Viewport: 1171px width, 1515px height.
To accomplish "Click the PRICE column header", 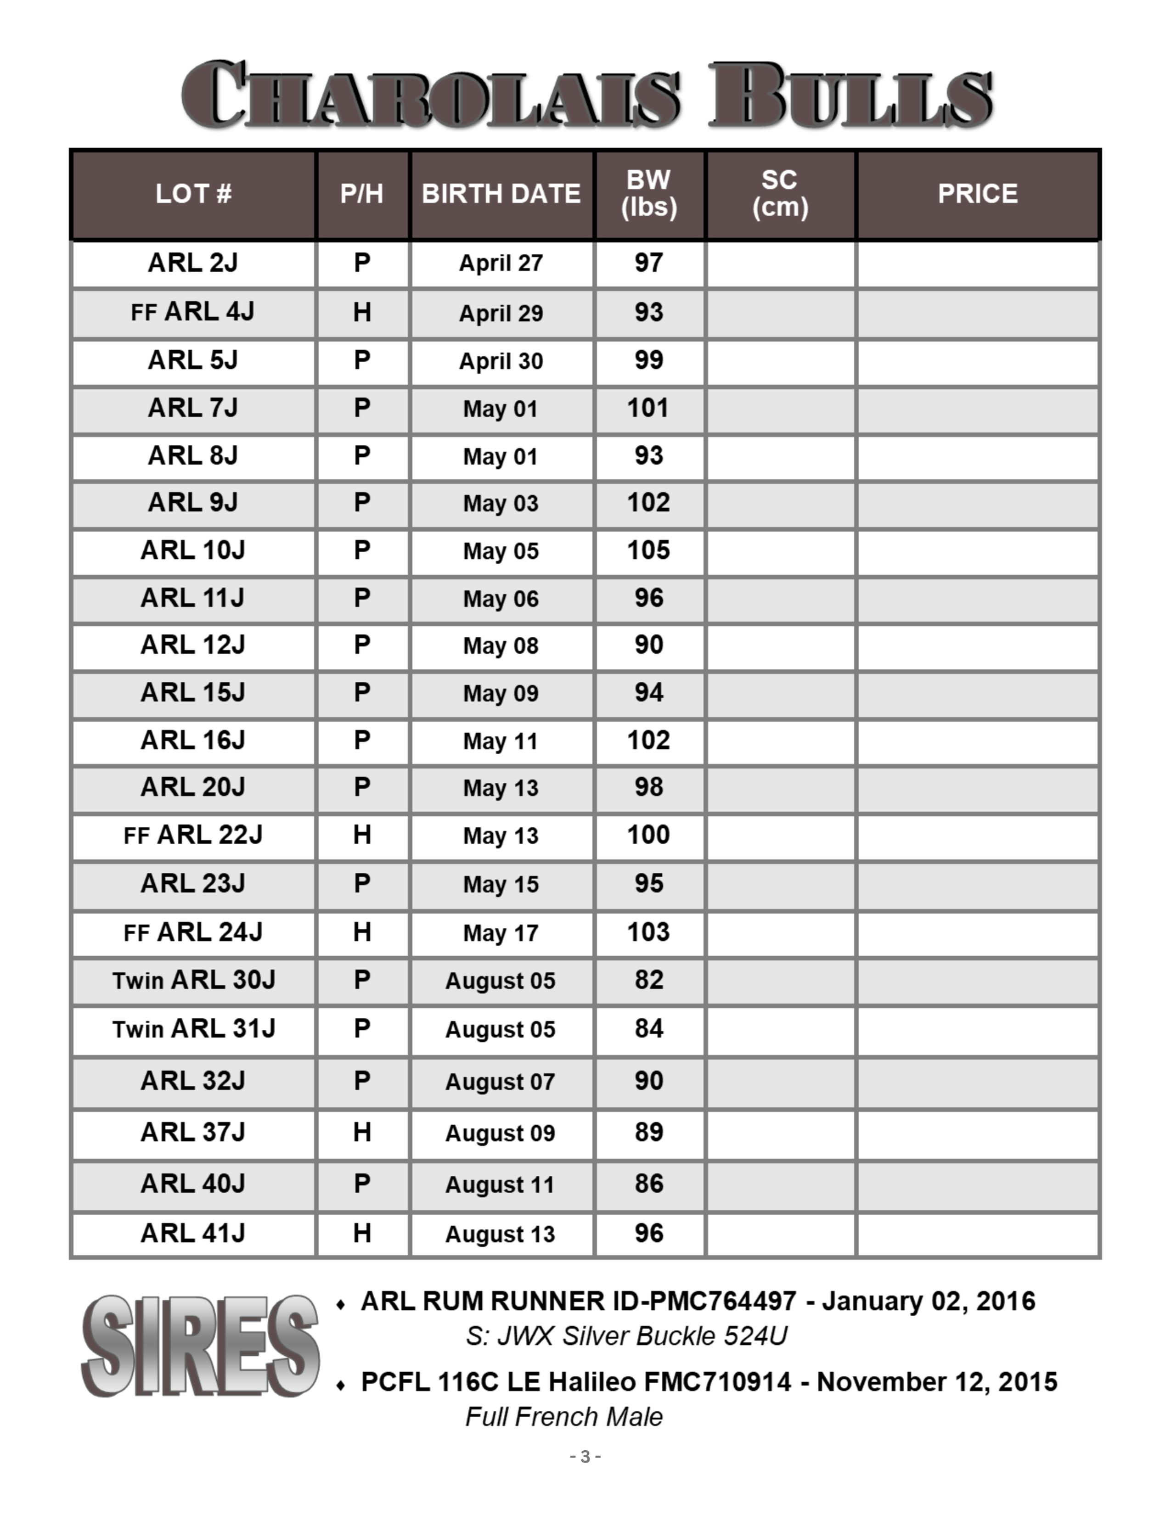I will pos(978,194).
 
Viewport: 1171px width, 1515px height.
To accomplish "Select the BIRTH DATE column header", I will pos(501,194).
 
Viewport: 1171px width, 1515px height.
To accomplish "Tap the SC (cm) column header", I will pos(780,194).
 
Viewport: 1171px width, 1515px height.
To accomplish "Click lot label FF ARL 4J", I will pos(193,312).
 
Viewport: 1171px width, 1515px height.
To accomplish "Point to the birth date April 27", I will pos(501,263).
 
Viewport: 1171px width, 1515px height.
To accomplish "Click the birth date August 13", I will pos(500,1234).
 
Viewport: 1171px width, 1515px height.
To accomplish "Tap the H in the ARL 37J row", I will pos(361,1132).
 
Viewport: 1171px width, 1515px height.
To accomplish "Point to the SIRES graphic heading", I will pos(200,1346).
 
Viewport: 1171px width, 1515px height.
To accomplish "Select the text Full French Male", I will pos(564,1416).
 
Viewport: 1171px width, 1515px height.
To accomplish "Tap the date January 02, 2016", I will pos(928,1302).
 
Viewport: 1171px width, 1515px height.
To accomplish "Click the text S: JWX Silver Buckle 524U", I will pos(626,1336).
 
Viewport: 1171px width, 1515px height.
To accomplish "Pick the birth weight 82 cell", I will pos(648,980).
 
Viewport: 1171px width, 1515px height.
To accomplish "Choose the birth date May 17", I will pos(501,933).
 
